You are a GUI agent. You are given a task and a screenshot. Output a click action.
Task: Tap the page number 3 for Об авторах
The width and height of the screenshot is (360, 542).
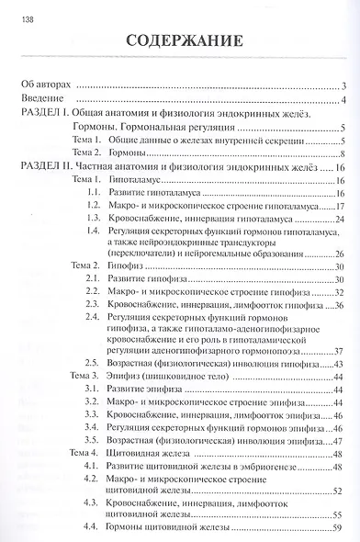click(341, 85)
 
